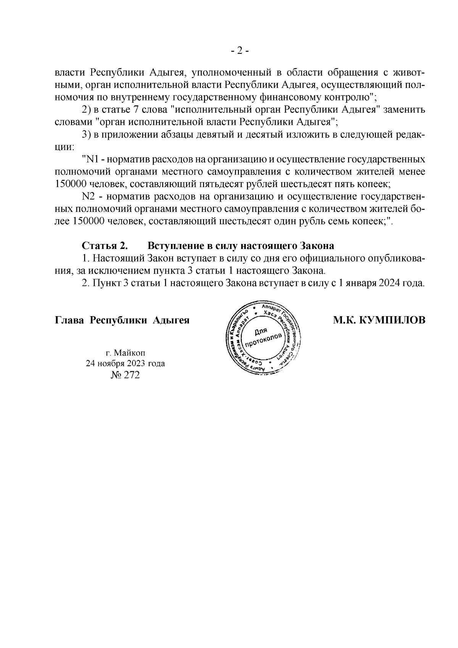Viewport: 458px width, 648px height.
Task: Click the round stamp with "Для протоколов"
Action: point(263,336)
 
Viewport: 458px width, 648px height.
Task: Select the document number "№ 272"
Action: point(125,375)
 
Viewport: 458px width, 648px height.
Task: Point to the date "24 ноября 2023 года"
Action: point(125,363)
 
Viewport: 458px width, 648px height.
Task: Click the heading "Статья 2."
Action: point(104,245)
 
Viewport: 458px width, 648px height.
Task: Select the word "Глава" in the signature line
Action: point(69,320)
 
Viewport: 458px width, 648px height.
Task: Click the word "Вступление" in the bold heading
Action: point(173,245)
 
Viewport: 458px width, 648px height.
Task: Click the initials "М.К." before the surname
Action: point(344,320)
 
